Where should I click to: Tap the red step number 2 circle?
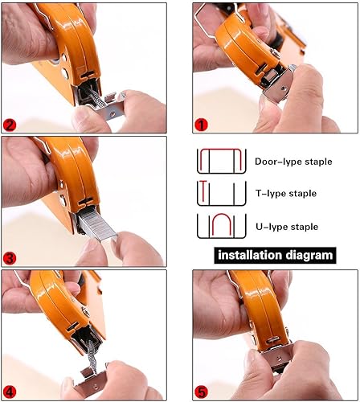10,125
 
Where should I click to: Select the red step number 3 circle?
10,258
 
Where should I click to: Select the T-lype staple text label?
286,193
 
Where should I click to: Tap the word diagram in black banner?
307,255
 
